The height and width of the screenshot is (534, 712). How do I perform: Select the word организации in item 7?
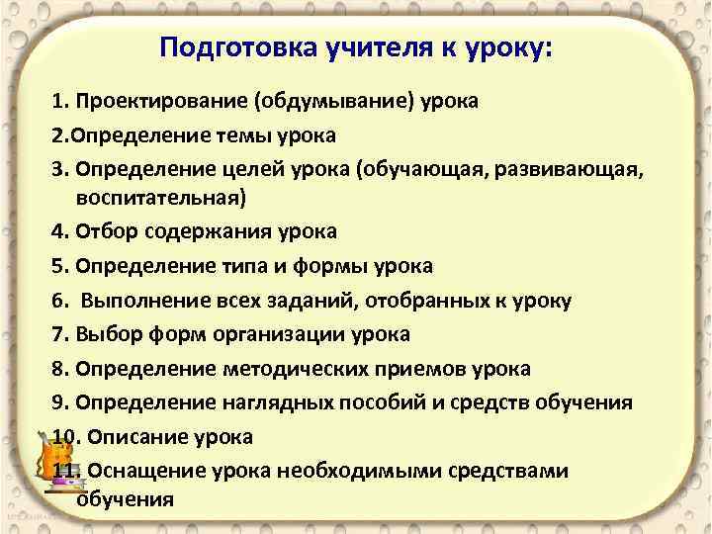[x=287, y=334]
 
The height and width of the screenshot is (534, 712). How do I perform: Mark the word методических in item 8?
[x=314, y=369]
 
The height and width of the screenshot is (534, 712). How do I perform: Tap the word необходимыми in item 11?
[x=372, y=471]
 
